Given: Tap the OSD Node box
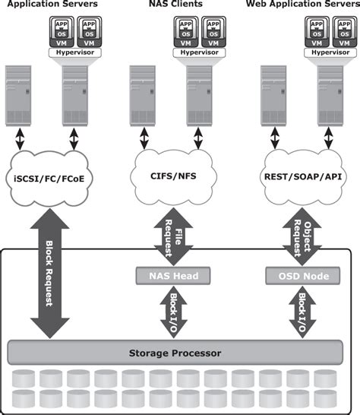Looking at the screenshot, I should (303, 276).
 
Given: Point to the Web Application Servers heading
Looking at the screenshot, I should (302, 5).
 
